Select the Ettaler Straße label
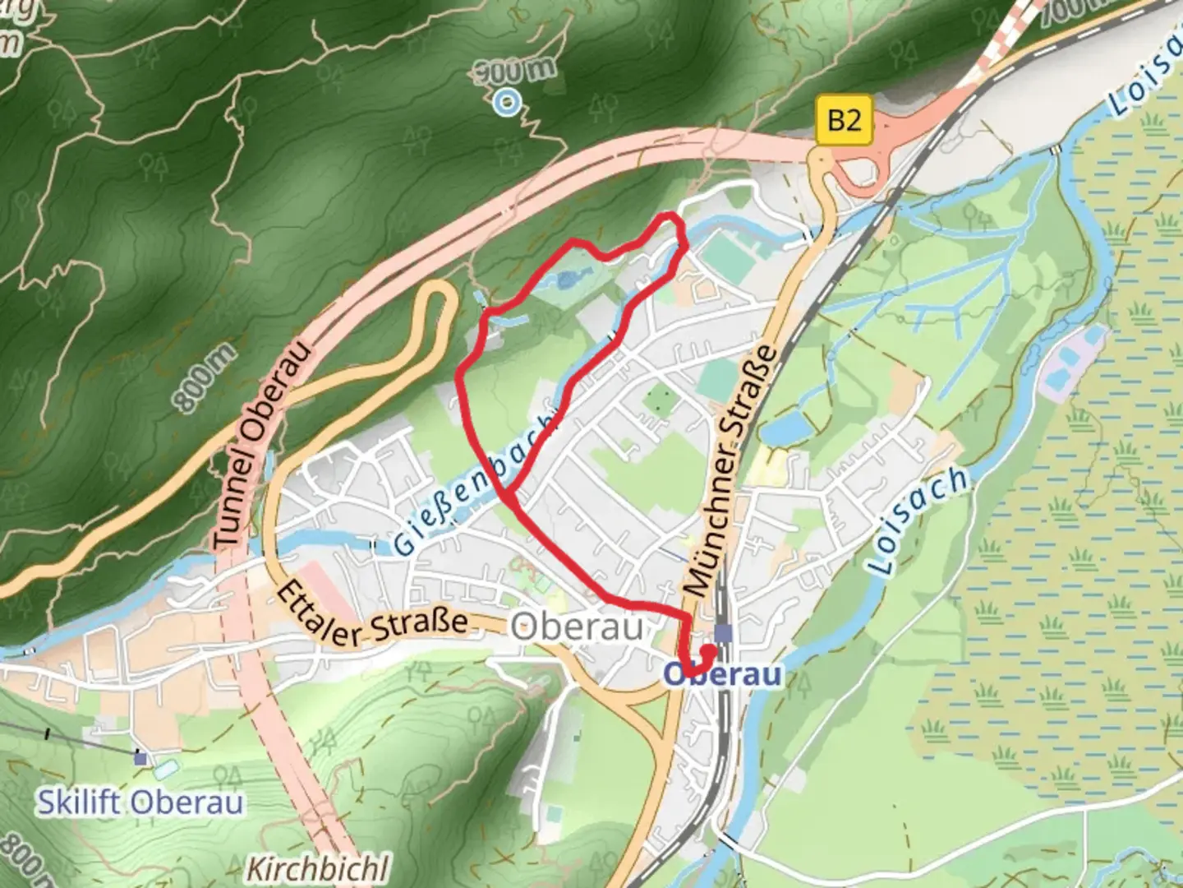371,616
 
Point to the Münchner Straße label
730,470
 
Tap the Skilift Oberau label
140,802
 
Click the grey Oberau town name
577,627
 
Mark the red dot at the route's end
707,651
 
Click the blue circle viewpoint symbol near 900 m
508,102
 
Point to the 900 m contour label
516,72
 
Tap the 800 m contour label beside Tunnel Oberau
203,377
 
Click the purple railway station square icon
724,632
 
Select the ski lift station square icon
141,758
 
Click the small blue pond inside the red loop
566,281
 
